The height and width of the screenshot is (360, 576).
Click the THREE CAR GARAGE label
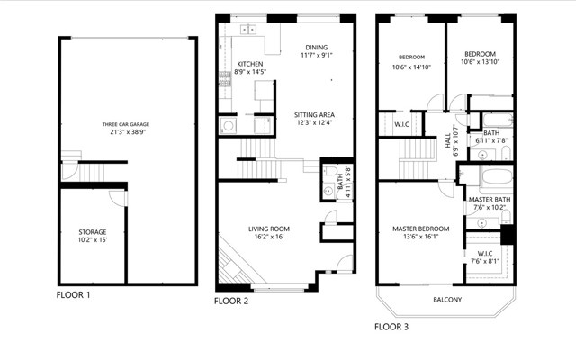(126, 124)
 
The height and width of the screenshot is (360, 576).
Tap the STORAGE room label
(93, 232)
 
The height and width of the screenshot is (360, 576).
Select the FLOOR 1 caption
(73, 295)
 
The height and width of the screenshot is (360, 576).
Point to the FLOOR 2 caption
(231, 301)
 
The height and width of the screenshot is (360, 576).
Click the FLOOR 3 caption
(391, 327)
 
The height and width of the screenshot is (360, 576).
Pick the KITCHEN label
(250, 64)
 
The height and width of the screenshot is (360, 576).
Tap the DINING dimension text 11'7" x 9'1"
(317, 56)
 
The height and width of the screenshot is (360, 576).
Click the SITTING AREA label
(314, 115)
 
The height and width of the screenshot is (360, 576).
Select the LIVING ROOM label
(269, 229)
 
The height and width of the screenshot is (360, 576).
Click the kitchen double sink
(248, 30)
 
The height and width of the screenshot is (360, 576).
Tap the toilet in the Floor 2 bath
(330, 171)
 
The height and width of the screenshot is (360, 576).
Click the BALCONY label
(447, 300)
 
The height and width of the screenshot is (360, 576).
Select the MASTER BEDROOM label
(421, 229)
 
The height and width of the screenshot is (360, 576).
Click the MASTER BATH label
(490, 200)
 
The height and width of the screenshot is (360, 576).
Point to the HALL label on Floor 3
(448, 140)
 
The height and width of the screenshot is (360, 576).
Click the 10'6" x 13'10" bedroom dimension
(480, 62)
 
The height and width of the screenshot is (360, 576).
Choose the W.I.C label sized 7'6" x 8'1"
(485, 254)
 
